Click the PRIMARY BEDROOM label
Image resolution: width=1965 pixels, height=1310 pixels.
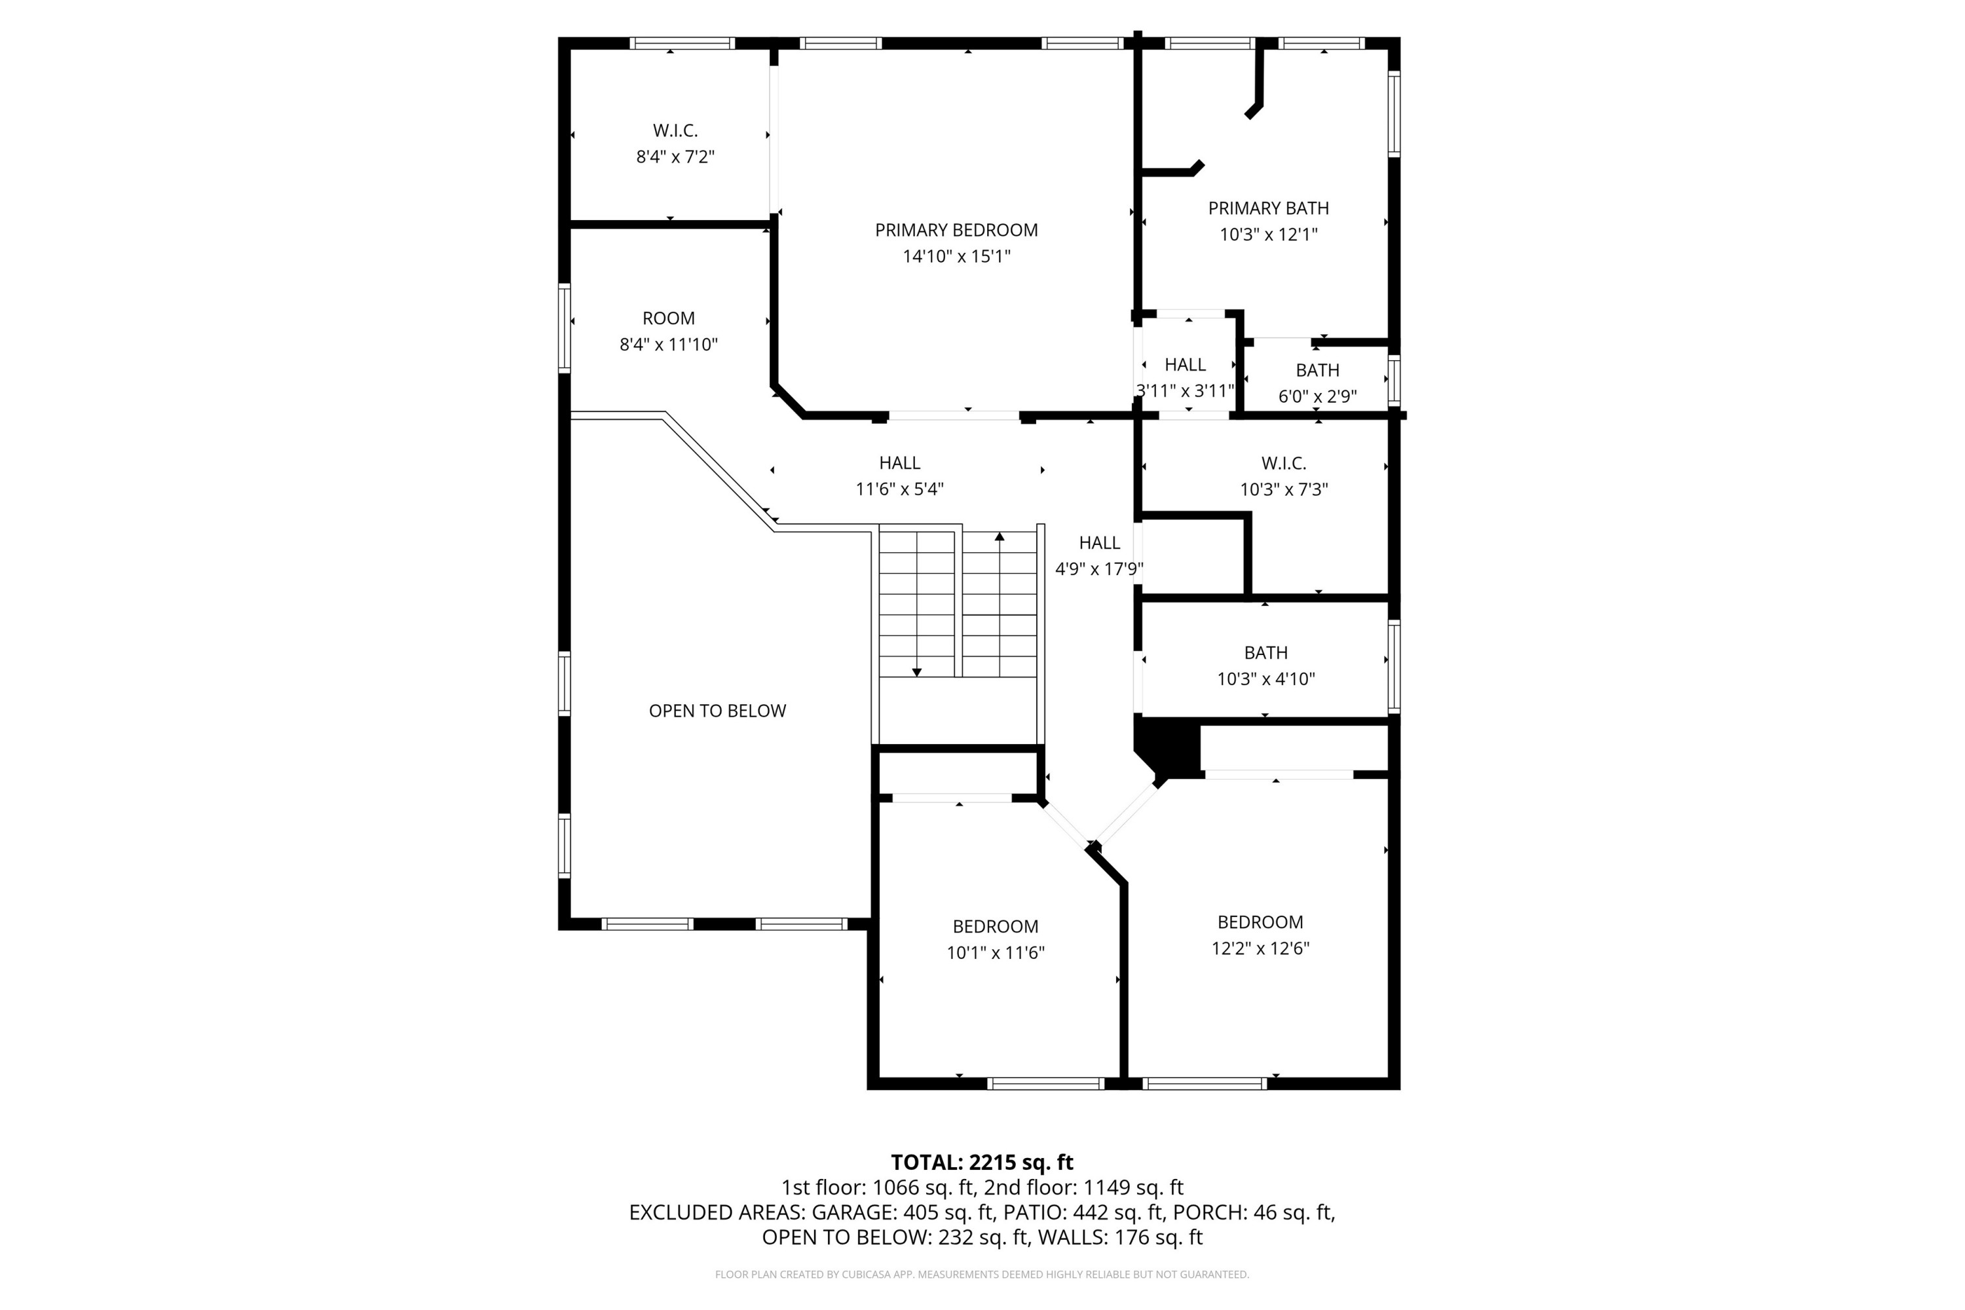coord(956,230)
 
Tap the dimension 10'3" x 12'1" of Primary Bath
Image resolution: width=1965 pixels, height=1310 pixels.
coord(1268,234)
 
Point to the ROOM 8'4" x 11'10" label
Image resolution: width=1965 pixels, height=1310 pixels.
coord(668,331)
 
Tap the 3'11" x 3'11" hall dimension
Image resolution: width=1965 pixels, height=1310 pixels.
coord(1185,390)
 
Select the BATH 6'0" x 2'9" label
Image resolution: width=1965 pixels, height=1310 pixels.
coord(1317,383)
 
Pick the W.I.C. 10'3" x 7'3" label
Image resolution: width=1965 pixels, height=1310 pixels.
coord(1283,476)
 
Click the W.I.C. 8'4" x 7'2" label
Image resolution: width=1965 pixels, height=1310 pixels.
coord(675,143)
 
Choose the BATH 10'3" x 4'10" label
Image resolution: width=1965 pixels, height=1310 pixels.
coord(1265,666)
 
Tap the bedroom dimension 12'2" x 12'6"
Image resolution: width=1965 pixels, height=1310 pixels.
coord(1260,948)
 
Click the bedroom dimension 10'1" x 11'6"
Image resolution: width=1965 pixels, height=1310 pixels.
coord(995,952)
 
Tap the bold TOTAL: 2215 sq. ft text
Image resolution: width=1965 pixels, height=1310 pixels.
coord(982,1162)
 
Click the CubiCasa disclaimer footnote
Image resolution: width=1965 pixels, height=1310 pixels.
coord(982,1274)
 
